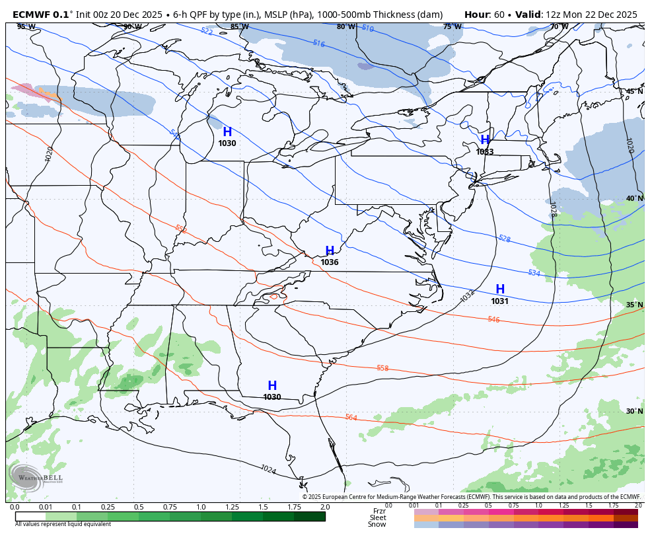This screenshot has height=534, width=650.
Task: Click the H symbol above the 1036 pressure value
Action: pyautogui.click(x=330, y=250)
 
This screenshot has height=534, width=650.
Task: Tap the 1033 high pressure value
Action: pyautogui.click(x=485, y=152)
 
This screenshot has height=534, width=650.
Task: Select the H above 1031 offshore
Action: pyautogui.click(x=500, y=289)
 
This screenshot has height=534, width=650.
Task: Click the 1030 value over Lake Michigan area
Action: pyautogui.click(x=227, y=143)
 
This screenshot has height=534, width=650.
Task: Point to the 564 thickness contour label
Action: pyautogui.click(x=351, y=418)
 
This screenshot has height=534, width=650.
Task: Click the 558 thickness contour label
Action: pyautogui.click(x=382, y=368)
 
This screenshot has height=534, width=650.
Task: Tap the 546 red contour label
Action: pyautogui.click(x=493, y=319)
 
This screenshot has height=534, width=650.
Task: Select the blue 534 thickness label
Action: pyautogui.click(x=534, y=273)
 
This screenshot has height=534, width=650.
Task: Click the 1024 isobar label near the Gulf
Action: pyautogui.click(x=268, y=469)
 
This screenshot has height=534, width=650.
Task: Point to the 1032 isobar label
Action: pyautogui.click(x=468, y=296)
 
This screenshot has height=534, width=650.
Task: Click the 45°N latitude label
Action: pyautogui.click(x=634, y=92)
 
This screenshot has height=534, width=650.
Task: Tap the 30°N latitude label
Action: pyautogui.click(x=634, y=411)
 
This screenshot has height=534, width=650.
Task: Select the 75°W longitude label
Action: pyautogui.click(x=452, y=27)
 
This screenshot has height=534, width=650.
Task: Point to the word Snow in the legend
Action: pyautogui.click(x=377, y=524)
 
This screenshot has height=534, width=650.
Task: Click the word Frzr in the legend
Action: pyautogui.click(x=379, y=511)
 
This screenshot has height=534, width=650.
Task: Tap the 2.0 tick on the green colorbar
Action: pyautogui.click(x=324, y=507)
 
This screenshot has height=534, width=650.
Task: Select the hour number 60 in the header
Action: pyautogui.click(x=499, y=15)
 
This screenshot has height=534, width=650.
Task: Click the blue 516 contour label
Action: pyautogui.click(x=319, y=44)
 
